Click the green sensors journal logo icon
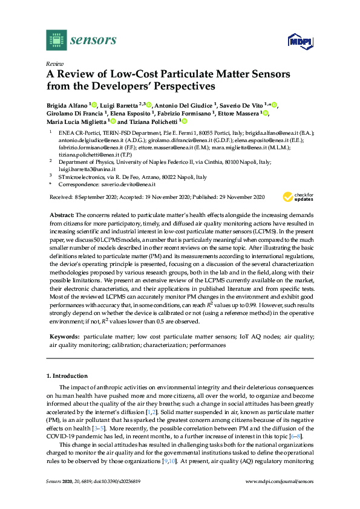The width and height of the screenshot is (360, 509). coord(56,40)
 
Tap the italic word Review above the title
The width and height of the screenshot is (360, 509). coord(55,63)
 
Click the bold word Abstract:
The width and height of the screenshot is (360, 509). coord(62,215)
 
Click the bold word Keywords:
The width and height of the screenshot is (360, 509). coord(64,336)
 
